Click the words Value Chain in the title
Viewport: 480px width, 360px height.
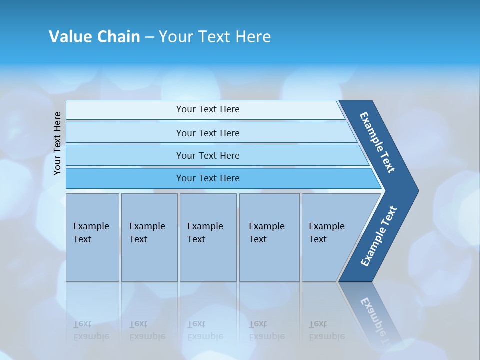(94, 37)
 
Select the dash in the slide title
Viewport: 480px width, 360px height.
(149, 37)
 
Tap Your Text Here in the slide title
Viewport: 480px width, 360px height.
(215, 37)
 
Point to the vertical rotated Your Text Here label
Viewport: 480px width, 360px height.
(58, 143)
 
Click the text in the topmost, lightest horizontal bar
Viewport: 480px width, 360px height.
(208, 109)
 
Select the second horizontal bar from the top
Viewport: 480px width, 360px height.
(208, 133)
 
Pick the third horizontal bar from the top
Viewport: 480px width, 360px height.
(208, 156)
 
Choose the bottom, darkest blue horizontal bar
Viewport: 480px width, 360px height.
(208, 178)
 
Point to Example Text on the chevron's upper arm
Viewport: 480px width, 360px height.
(378, 142)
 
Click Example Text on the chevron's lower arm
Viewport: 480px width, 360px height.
(379, 236)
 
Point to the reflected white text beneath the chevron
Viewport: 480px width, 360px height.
(377, 317)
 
